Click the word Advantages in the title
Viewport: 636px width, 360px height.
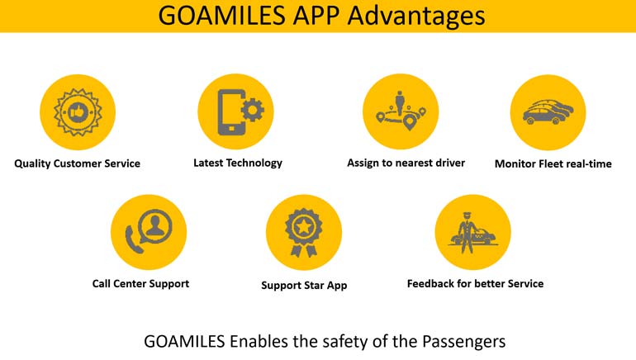click(x=416, y=16)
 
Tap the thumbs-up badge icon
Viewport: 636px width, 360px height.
click(x=78, y=112)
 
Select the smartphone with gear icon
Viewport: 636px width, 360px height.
click(x=240, y=112)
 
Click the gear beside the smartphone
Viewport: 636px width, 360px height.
click(x=253, y=110)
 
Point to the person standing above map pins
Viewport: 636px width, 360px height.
click(x=400, y=102)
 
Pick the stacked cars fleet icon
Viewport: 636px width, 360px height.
click(x=548, y=112)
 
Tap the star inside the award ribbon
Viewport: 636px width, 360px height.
click(x=303, y=226)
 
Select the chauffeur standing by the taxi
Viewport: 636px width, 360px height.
click(x=466, y=233)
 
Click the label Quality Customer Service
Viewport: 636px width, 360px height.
click(x=77, y=163)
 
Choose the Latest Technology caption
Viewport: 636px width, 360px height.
click(x=238, y=163)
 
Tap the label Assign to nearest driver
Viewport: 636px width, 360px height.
click(x=406, y=163)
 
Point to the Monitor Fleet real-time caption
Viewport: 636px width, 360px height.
click(x=553, y=163)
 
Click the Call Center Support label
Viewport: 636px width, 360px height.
click(x=140, y=284)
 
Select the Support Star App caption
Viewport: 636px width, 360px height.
click(x=304, y=286)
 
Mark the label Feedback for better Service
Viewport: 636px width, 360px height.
click(x=476, y=284)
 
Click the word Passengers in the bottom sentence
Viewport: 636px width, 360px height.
click(x=463, y=341)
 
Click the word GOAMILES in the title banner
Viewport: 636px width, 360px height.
click(x=222, y=16)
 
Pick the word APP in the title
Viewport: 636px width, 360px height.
click(x=317, y=16)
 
